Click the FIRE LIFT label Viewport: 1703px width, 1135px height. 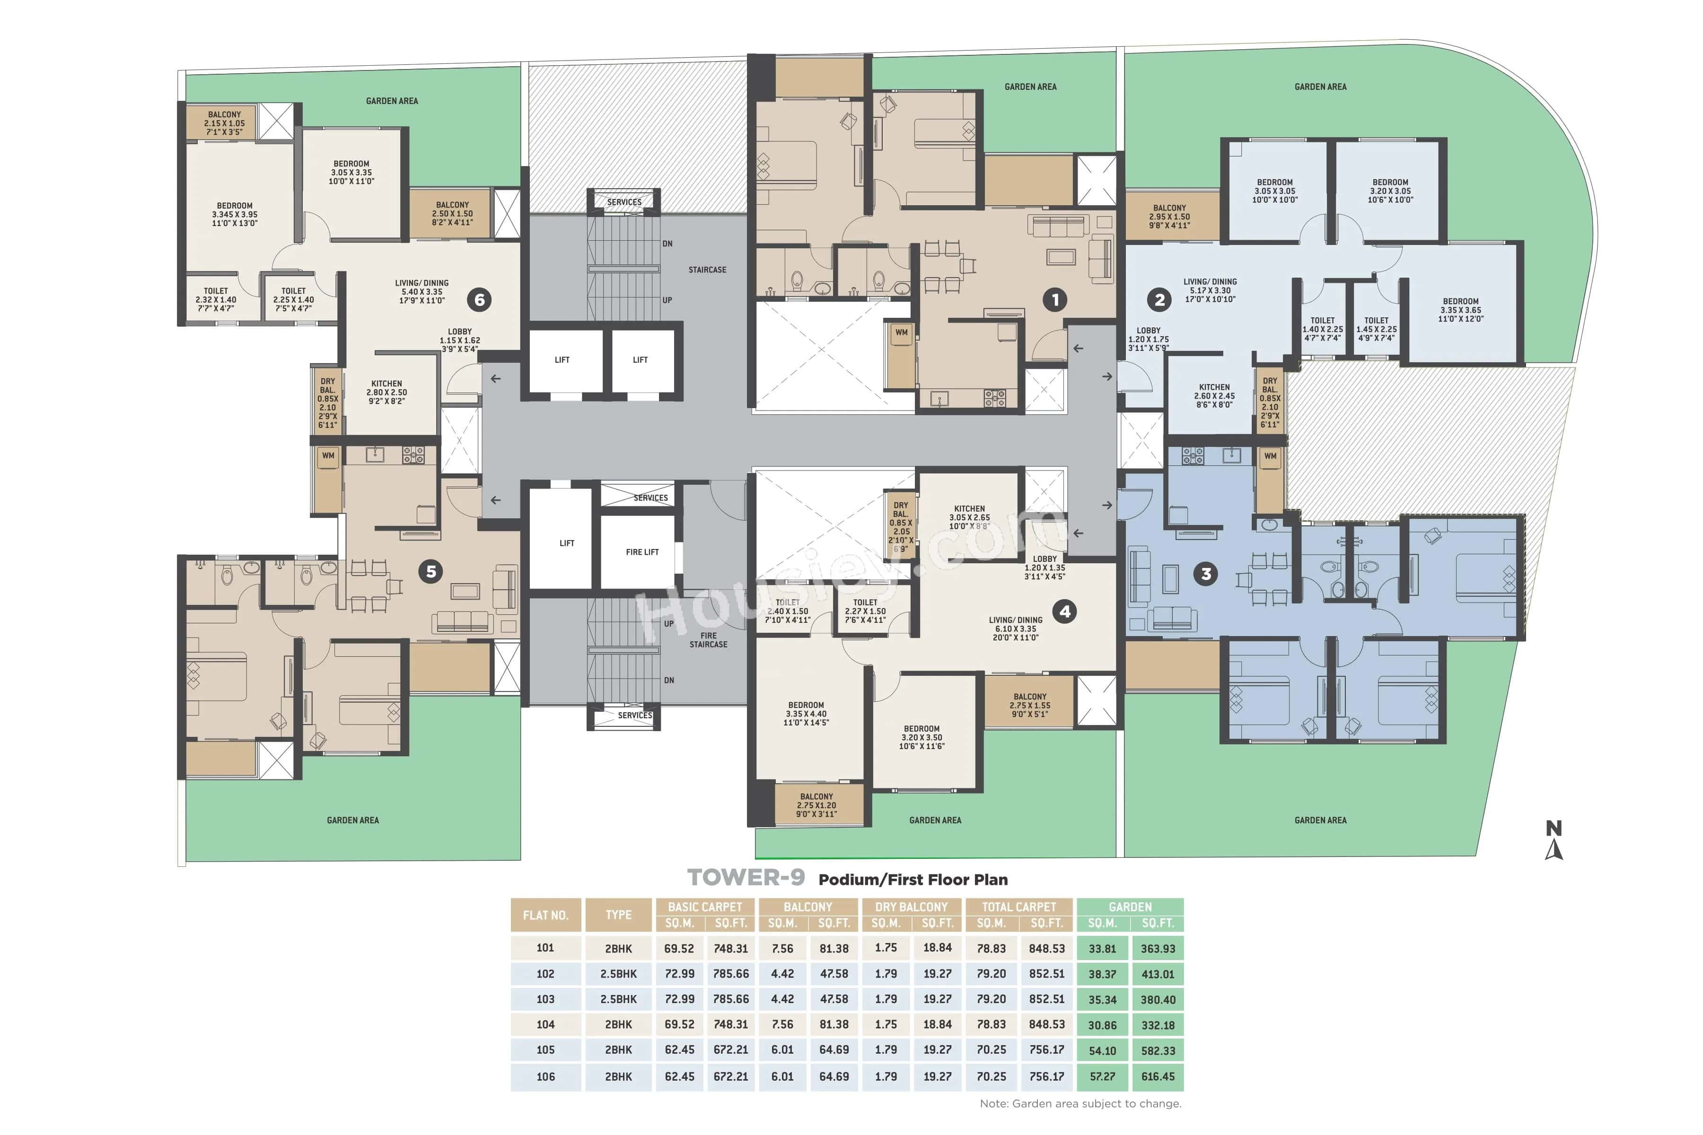coord(641,552)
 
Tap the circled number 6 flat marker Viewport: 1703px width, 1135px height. coord(479,300)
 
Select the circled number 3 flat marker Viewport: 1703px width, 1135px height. coord(1205,574)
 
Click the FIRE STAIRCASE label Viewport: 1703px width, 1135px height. coord(708,640)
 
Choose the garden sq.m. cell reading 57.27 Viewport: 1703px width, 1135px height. coord(1102,1076)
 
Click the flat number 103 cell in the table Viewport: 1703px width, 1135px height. coord(545,999)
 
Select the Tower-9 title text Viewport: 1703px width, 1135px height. coord(746,878)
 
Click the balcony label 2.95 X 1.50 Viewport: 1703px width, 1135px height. coord(1169,217)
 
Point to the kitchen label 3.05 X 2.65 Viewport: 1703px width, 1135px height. coord(969,517)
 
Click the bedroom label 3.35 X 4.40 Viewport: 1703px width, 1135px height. coord(806,714)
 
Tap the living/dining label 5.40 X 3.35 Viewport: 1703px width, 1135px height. coord(421,292)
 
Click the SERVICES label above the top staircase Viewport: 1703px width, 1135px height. coord(624,202)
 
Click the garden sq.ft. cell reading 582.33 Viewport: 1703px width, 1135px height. coord(1157,1050)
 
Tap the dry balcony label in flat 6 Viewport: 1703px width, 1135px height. coord(328,402)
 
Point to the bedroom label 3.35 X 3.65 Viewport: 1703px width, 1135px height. coord(1460,310)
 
